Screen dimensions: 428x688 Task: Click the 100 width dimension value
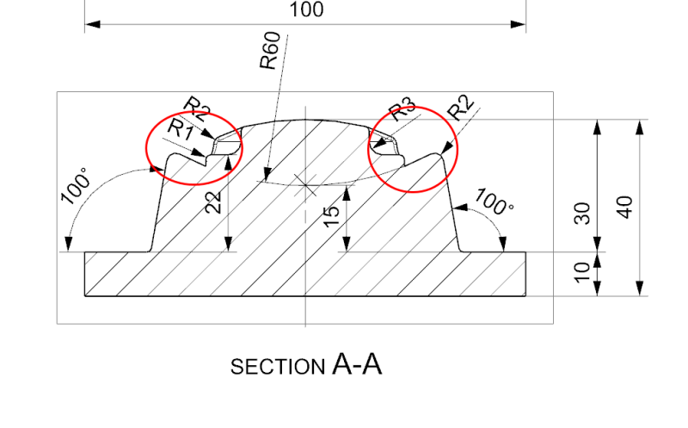tap(306, 9)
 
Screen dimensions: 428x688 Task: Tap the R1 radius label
tap(180, 130)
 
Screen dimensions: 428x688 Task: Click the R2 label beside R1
tap(197, 108)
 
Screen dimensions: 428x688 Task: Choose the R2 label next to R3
tap(461, 110)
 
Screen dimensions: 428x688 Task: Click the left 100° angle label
tap(76, 189)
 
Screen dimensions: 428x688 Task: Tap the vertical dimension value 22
tap(214, 202)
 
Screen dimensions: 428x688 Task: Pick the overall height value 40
tap(625, 208)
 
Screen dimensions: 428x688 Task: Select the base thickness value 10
tap(582, 271)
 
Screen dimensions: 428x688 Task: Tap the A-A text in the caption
tap(356, 365)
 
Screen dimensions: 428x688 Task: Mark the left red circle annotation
tap(194, 149)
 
